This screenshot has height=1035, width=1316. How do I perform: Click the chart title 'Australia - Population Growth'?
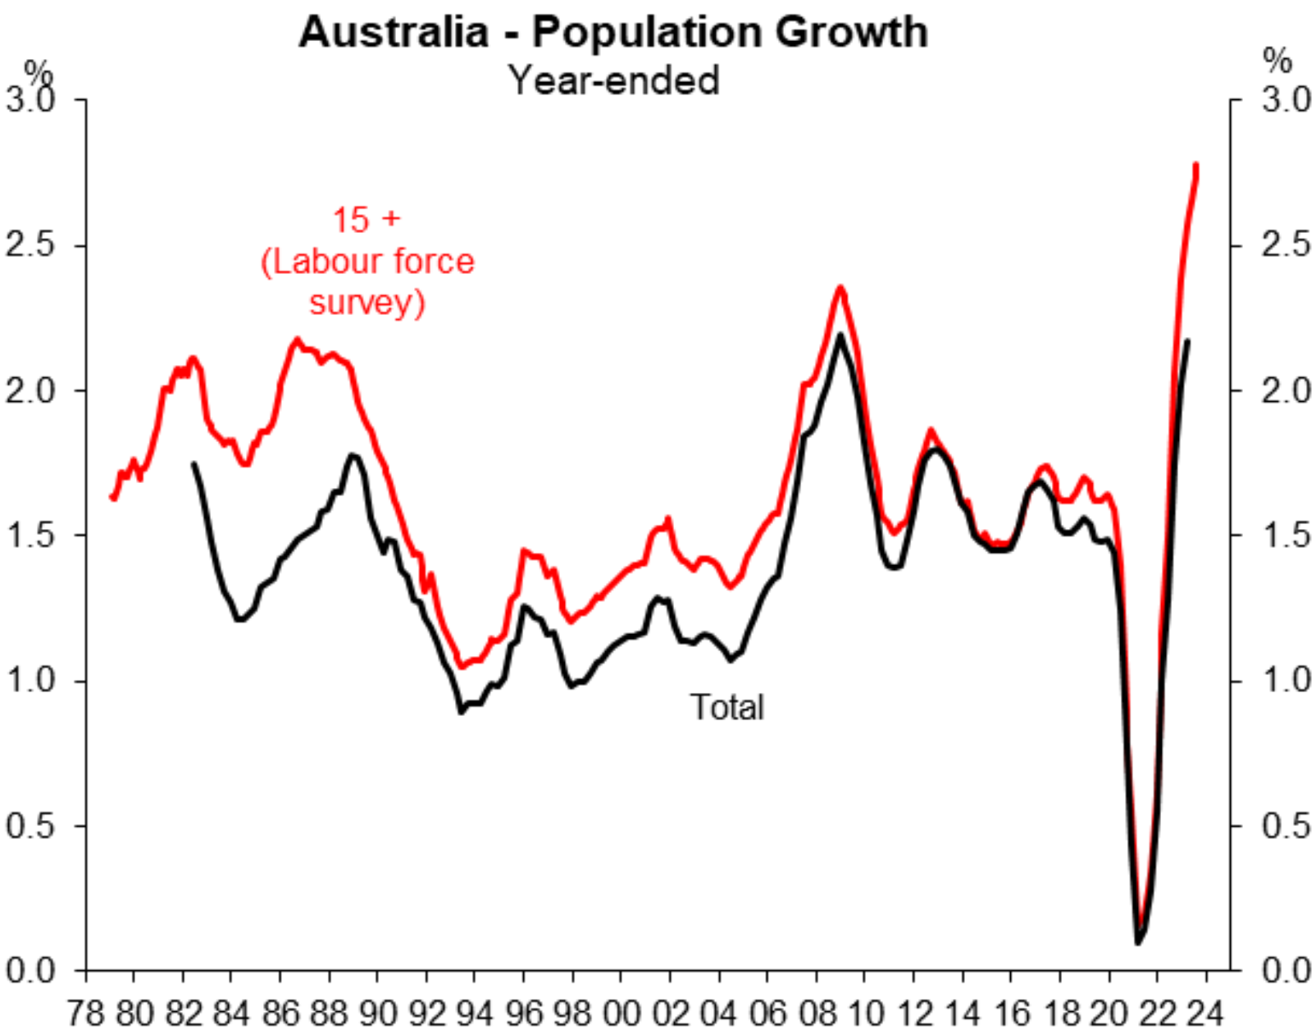613,33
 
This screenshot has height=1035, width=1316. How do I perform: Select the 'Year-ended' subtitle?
613,80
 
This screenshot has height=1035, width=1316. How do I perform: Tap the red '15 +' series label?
367,220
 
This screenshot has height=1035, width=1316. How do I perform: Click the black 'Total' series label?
726,707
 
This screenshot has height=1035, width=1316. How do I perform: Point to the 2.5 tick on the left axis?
30,244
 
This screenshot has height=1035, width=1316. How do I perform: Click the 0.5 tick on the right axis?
1286,825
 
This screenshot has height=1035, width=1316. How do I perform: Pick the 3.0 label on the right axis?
1286,100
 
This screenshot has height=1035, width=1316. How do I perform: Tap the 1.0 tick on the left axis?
30,680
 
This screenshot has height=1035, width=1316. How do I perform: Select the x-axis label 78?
85,1014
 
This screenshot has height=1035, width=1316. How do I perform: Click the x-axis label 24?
1205,1014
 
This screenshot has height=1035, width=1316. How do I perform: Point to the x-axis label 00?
622,1014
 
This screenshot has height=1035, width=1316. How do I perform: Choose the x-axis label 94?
476,1014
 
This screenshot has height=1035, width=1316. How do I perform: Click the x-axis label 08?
817,1014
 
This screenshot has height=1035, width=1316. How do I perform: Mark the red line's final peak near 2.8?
1196,166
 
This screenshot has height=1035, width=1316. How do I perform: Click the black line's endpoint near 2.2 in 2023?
1187,341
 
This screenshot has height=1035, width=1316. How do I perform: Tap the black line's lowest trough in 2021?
1138,942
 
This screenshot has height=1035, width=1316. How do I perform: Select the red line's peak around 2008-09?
840,288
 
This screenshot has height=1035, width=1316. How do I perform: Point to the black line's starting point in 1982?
194,464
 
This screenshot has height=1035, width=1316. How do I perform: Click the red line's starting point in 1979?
112,497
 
